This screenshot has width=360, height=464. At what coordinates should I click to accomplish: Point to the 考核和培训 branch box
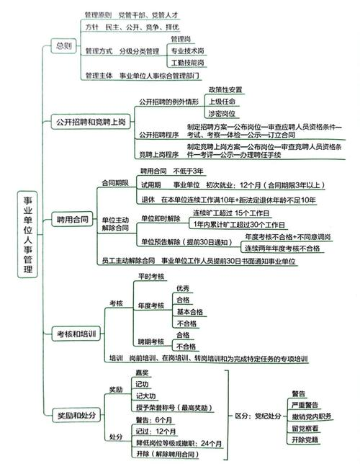(x=78, y=333)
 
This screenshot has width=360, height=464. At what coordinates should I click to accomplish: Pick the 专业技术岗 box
(x=187, y=51)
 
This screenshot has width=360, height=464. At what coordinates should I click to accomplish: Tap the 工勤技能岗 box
(x=187, y=63)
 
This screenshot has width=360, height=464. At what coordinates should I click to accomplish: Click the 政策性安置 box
(x=225, y=89)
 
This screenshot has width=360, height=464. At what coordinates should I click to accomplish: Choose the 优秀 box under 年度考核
(x=183, y=288)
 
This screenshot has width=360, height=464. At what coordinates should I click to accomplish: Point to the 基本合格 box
(x=190, y=312)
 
